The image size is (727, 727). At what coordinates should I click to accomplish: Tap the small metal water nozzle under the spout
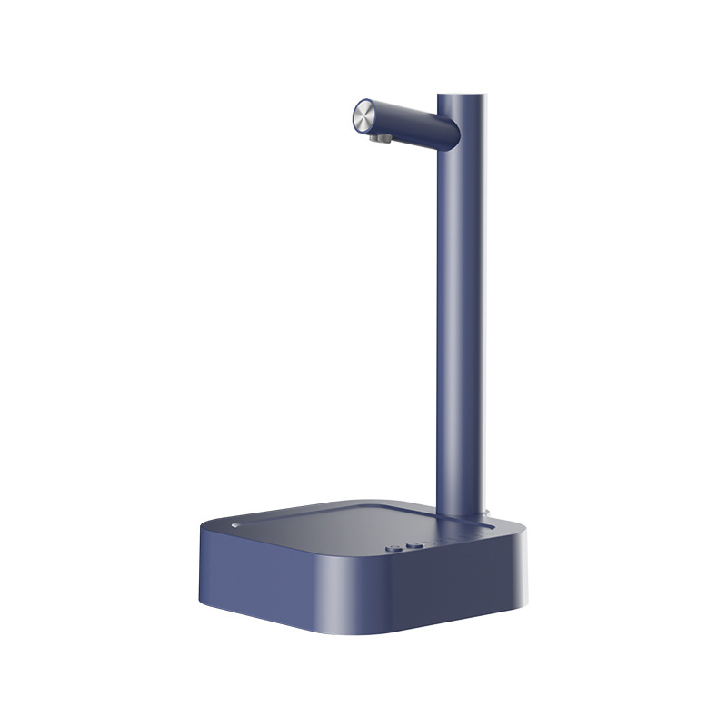tap(383, 138)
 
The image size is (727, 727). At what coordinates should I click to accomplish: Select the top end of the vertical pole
tap(462, 97)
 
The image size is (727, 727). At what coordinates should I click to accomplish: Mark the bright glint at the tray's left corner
tap(234, 523)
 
